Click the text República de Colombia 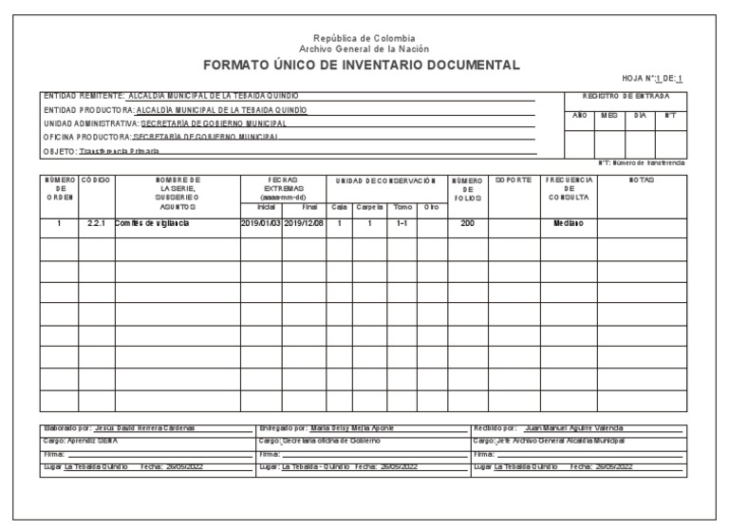coord(364,38)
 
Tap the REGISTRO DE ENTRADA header coord(626,96)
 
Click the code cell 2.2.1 coord(96,223)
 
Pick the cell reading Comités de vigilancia coord(152,223)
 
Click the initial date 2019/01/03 coord(260,223)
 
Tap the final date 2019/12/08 coord(304,223)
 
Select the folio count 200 coord(466,223)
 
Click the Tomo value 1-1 coord(402,223)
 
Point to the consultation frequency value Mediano coord(569,223)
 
